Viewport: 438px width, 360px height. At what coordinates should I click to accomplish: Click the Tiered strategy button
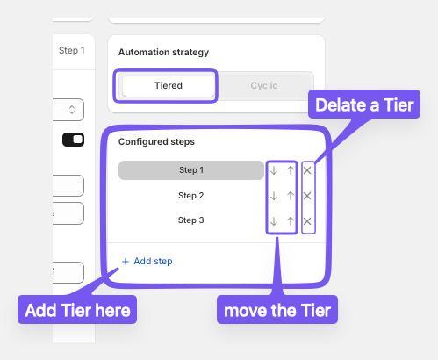pyautogui.click(x=169, y=86)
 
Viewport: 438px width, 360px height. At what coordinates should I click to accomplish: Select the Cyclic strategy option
pyautogui.click(x=264, y=86)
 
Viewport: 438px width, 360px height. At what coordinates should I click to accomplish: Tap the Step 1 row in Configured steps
pyautogui.click(x=191, y=170)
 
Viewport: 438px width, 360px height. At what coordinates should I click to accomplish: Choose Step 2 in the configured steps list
pyautogui.click(x=191, y=196)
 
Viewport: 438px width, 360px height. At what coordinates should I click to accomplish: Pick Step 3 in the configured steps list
pyautogui.click(x=191, y=220)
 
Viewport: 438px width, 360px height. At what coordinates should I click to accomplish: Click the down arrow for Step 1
pyautogui.click(x=274, y=170)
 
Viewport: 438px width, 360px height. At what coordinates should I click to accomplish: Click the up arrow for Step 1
pyautogui.click(x=291, y=170)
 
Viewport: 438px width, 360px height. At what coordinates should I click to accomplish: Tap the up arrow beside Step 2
pyautogui.click(x=291, y=196)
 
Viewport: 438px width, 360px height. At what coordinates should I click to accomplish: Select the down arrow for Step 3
pyautogui.click(x=274, y=221)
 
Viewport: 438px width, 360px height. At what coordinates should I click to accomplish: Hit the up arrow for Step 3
pyautogui.click(x=291, y=221)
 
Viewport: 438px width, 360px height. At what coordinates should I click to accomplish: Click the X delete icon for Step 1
pyautogui.click(x=307, y=170)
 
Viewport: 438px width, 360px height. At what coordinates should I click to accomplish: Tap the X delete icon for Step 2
pyautogui.click(x=307, y=196)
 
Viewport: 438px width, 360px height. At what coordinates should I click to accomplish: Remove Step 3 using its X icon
pyautogui.click(x=307, y=221)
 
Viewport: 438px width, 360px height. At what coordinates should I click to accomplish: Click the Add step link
pyautogui.click(x=147, y=261)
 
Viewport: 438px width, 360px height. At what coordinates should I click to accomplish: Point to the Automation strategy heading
pyautogui.click(x=163, y=52)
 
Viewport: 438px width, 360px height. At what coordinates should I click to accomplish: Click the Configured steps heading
pyautogui.click(x=156, y=141)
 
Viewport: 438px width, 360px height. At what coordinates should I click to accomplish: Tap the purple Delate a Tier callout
pyautogui.click(x=364, y=104)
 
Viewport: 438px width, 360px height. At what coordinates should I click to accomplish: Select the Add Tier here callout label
pyautogui.click(x=77, y=310)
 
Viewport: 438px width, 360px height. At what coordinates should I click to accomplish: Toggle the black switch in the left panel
pyautogui.click(x=73, y=140)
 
